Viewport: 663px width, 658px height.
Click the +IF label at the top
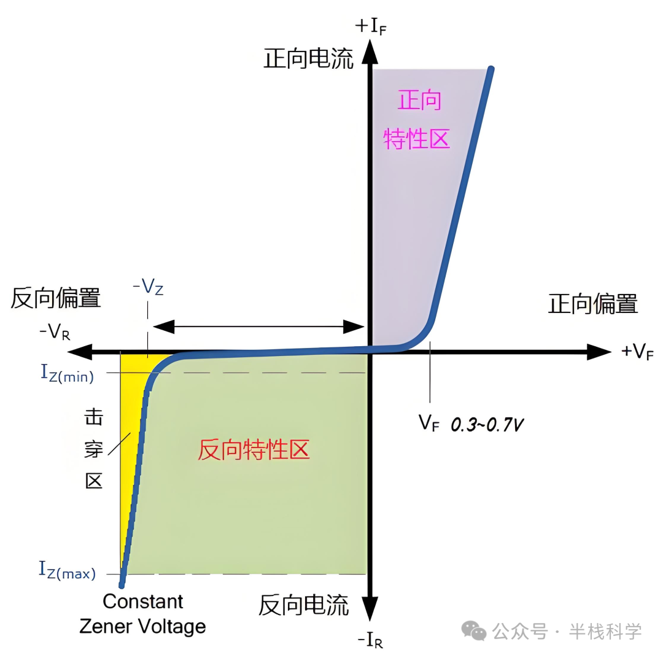pos(371,26)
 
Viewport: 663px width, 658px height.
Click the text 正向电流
pos(309,60)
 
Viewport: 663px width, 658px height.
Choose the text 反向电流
pos(304,605)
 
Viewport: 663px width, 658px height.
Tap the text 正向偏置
pos(593,304)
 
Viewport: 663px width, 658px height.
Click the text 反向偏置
pos(55,298)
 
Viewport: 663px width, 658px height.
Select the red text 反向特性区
pos(254,451)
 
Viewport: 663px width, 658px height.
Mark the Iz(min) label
pos(67,373)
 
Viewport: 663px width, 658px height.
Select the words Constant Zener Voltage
pos(142,614)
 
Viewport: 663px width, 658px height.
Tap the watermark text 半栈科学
pos(605,630)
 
